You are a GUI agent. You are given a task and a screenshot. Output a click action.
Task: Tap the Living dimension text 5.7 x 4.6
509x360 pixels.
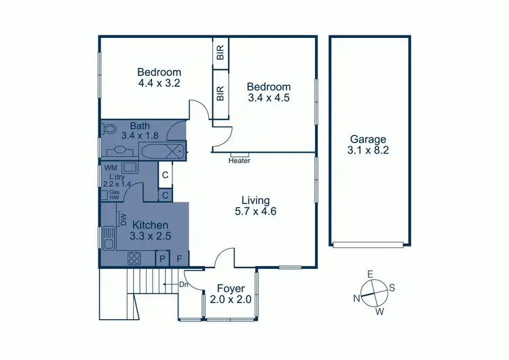(x=255, y=211)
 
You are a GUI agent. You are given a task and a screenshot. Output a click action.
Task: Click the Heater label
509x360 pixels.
(x=240, y=161)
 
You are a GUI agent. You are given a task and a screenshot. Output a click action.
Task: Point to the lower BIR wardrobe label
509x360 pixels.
(x=221, y=94)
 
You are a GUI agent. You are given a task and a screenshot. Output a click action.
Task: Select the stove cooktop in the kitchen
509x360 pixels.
(x=134, y=258)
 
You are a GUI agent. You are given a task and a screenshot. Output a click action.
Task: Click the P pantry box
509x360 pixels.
(x=162, y=258)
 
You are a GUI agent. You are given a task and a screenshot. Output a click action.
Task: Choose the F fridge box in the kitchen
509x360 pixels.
(x=179, y=258)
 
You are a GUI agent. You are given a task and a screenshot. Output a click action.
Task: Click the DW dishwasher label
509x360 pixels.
(x=124, y=219)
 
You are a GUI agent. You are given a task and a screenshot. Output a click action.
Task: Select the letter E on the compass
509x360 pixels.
(x=370, y=274)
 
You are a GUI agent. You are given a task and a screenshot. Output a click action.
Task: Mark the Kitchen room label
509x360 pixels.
(x=150, y=225)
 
